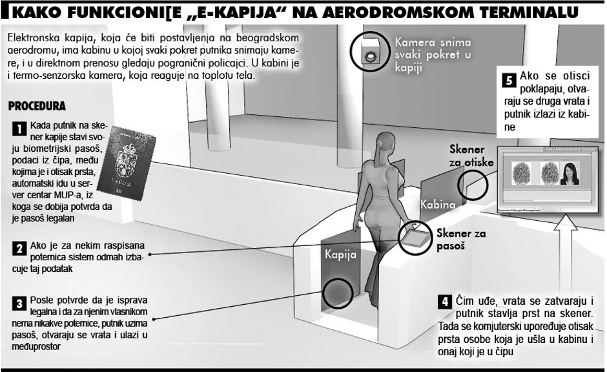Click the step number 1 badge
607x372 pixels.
coord(18,129)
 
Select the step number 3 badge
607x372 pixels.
coord(18,302)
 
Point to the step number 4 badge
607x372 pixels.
coord(444,301)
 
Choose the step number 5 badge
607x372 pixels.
coord(508,80)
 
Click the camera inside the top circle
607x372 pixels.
coord(370,56)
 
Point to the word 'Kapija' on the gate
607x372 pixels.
coord(340,254)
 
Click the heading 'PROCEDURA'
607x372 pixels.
coord(37,105)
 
